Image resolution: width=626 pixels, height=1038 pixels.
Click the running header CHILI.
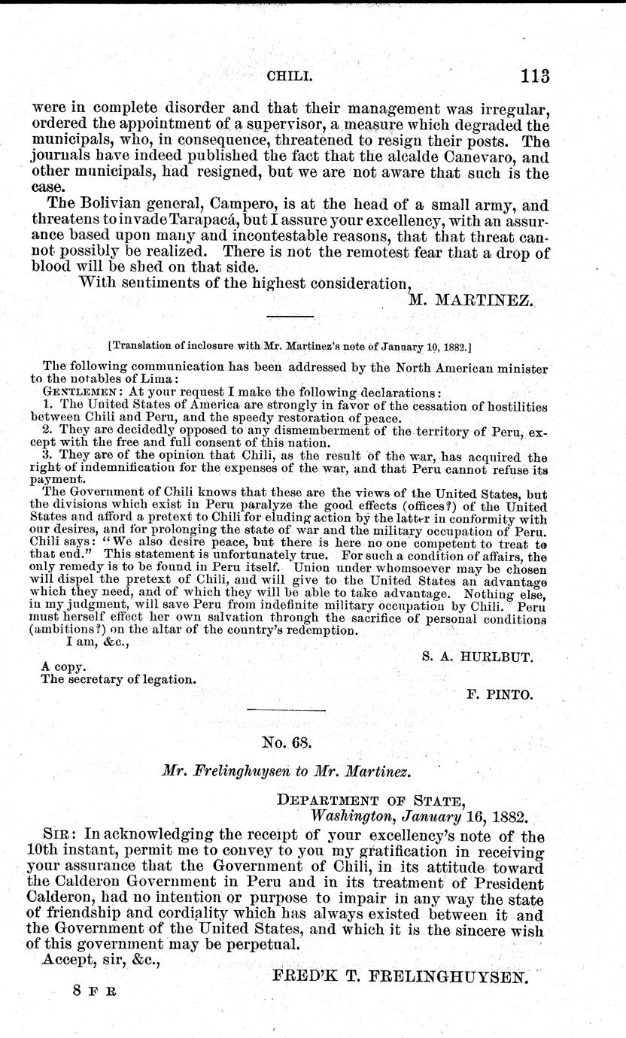(290, 77)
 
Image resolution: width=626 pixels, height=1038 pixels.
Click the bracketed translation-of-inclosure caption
(290, 347)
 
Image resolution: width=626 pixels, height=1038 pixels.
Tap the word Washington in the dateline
(350, 816)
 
